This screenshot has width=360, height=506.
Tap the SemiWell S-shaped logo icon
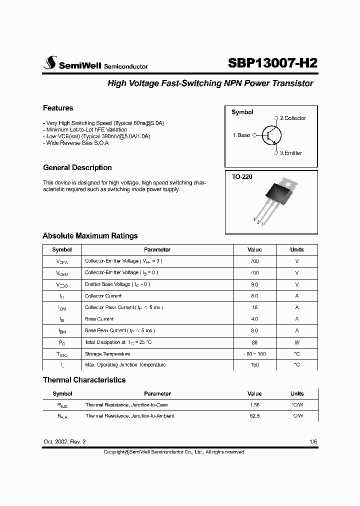pos(50,62)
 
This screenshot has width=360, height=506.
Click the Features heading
pos(58,108)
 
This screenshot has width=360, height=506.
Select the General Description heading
pos(77,167)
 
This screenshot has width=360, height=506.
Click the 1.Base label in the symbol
pos(241,135)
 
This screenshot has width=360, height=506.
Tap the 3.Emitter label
pos(290,153)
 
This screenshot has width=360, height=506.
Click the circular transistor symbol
pos(271,135)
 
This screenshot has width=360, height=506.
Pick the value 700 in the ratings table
pos(254,261)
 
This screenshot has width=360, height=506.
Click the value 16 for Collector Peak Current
pos(254,307)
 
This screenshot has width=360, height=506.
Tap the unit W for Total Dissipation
pos(297,342)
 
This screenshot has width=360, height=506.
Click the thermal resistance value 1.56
pos(254,405)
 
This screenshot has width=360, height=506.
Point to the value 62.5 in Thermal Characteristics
pos(254,416)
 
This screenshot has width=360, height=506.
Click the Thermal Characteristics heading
pos(84,380)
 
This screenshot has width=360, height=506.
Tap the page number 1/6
pos(313,441)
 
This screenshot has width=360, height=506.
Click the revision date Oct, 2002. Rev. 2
pos(64,441)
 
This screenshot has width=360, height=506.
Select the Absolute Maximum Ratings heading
pos(90,236)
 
